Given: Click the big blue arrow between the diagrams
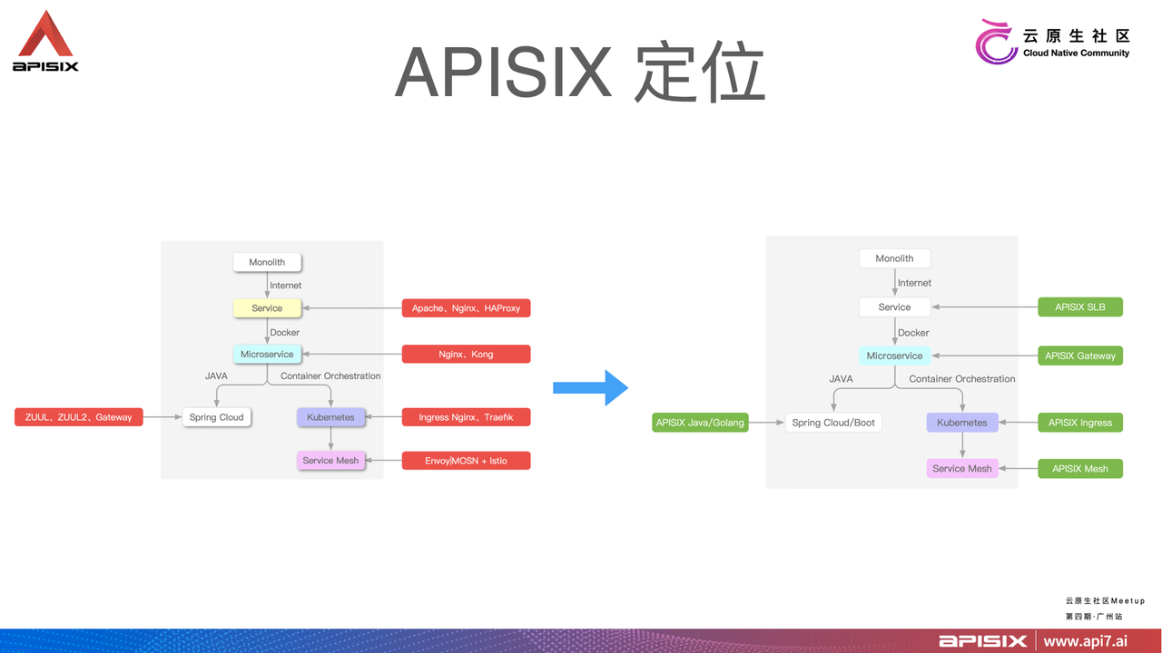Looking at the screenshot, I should click(591, 387).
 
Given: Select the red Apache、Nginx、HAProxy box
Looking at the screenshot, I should click(466, 308).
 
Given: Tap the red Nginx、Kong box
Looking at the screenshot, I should click(466, 354).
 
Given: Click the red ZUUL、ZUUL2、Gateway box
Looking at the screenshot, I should click(78, 417).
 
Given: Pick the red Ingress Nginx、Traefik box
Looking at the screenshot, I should click(466, 417).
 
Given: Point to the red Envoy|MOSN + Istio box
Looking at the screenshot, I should click(466, 461).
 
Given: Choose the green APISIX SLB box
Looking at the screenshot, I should click(1080, 307).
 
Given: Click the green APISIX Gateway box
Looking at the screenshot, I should click(1080, 356).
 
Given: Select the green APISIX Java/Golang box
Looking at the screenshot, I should click(700, 423).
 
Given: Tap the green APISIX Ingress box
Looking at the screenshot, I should click(1080, 423).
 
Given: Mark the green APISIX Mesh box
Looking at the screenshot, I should click(1080, 469).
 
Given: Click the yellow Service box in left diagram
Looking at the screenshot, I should click(267, 308).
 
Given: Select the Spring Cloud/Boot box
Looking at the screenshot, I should click(833, 423).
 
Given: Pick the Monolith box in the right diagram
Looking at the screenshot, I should click(894, 258).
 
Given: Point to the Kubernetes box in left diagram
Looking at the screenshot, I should click(330, 417).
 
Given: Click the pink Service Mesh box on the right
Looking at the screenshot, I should click(961, 469).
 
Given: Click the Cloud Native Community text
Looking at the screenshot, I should click(1076, 54).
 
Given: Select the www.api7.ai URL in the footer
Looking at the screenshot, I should click(1085, 641).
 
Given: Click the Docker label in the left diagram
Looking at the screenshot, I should click(284, 333).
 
